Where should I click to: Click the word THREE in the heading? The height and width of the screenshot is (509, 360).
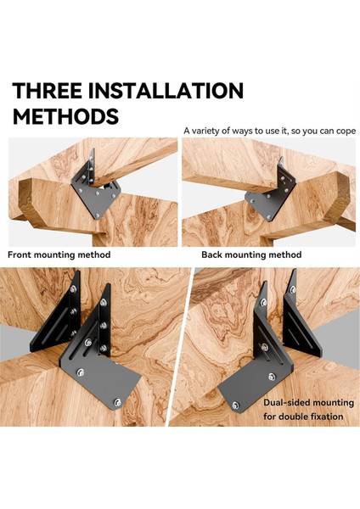[47, 90]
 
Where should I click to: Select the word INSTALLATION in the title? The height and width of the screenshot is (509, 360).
[166, 90]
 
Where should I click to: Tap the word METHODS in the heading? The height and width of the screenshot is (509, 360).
[65, 116]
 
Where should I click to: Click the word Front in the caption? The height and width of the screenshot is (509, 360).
[20, 255]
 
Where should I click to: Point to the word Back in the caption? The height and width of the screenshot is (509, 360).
[212, 255]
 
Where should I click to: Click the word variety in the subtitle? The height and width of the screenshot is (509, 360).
[205, 131]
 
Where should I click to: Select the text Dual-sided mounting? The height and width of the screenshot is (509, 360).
[308, 403]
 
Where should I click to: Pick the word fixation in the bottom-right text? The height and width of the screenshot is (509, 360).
[327, 417]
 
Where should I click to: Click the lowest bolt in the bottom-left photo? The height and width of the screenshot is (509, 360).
[118, 402]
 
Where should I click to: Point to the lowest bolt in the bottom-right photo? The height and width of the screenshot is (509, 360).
[235, 406]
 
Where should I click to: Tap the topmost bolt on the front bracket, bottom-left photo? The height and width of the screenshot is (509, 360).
[104, 303]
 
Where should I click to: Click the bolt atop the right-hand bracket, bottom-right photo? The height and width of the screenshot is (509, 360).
[293, 289]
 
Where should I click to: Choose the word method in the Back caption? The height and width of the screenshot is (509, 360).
[285, 255]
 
